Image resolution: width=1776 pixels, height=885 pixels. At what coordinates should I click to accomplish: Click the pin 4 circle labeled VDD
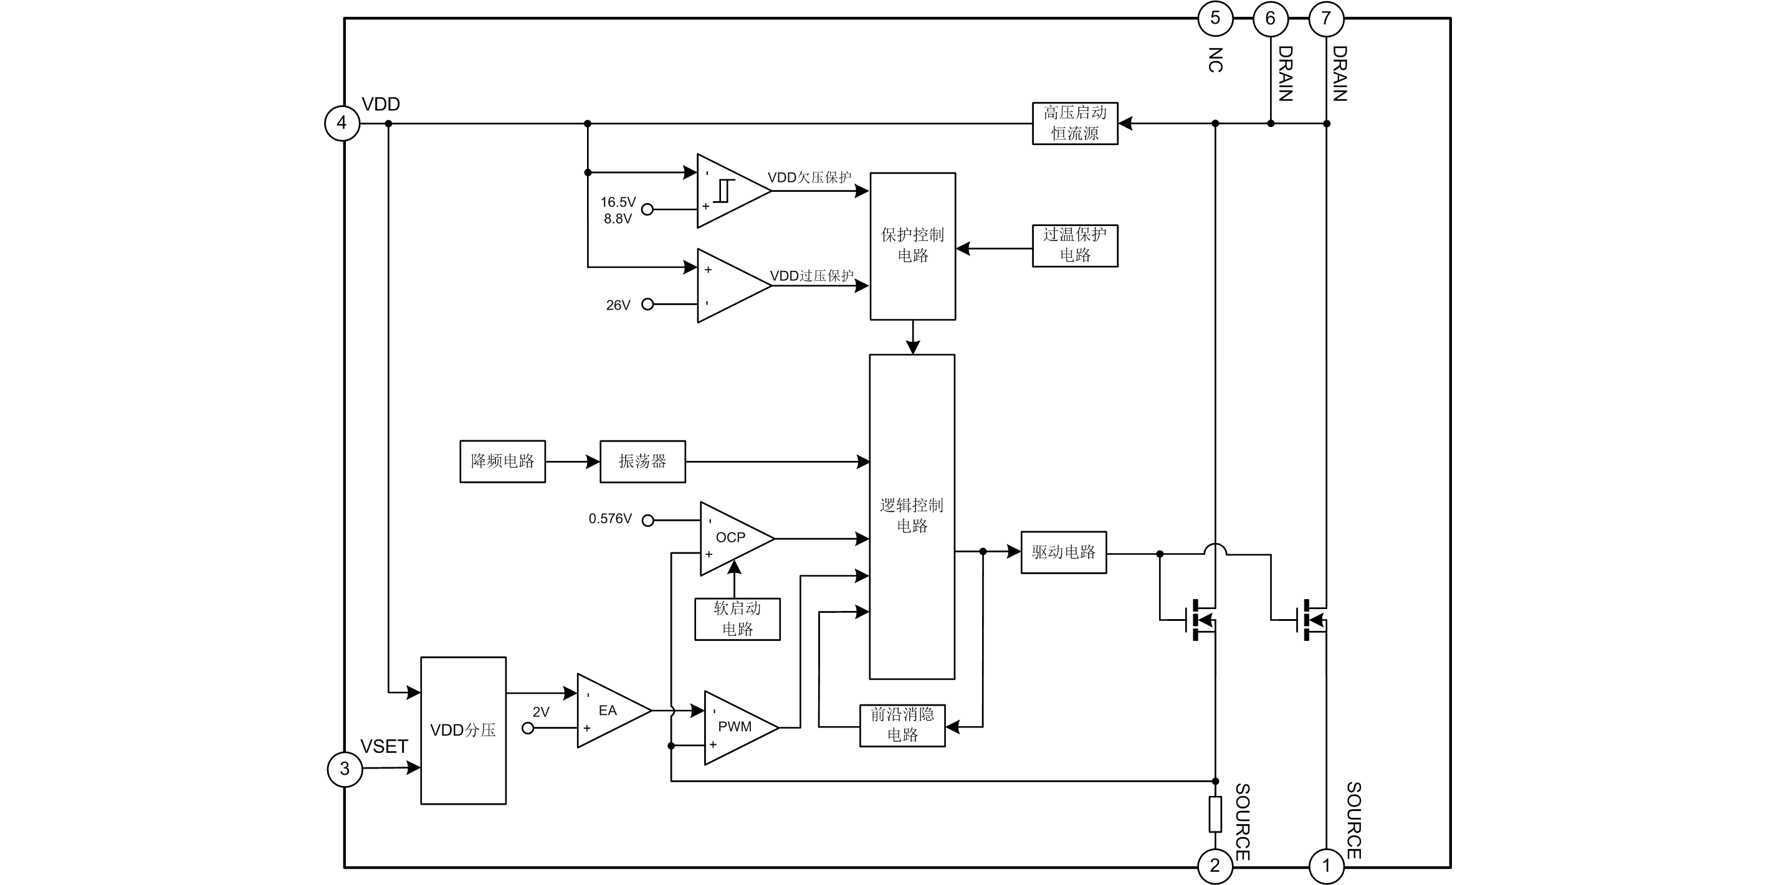pos(342,123)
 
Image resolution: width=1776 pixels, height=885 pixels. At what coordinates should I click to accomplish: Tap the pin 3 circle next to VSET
pos(345,769)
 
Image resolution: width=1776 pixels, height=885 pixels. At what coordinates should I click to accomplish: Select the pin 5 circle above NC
pos(1215,19)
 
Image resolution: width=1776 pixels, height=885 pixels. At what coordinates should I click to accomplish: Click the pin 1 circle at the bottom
pos(1326,866)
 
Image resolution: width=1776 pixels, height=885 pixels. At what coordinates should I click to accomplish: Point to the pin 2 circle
pos(1215,866)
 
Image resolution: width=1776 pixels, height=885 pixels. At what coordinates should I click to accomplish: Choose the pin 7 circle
pos(1326,19)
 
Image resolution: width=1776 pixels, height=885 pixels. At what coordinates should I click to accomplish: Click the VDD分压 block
pos(463,731)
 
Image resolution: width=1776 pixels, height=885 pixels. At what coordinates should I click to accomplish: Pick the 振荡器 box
pos(642,461)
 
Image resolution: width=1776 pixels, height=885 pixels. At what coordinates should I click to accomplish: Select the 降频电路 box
pos(503,461)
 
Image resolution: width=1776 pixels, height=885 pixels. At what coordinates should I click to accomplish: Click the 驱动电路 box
pos(1063,552)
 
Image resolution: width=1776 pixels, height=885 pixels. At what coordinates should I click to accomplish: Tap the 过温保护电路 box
pos(1075,245)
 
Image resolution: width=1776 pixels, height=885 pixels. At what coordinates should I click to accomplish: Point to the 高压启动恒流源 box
pos(1075,123)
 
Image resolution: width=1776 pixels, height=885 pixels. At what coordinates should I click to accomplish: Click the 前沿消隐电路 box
pos(902,725)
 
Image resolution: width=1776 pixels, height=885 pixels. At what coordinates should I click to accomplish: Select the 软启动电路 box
pos(737,619)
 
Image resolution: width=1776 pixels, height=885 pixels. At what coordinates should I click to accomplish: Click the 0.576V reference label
pos(610,519)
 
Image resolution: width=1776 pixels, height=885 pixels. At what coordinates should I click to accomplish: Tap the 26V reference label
pos(618,305)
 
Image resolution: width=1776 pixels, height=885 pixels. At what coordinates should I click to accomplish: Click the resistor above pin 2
pos(1216,814)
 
